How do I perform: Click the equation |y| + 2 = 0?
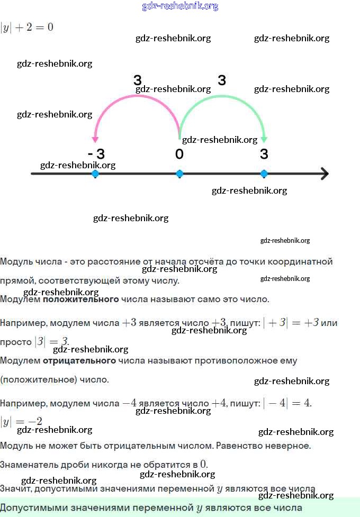tap(27, 27)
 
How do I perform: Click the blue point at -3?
tap(95, 174)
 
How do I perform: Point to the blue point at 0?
tap(179, 174)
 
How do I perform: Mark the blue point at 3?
tap(264, 174)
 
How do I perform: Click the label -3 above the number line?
tap(96, 154)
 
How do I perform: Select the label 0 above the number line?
tap(179, 154)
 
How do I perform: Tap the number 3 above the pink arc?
tap(138, 80)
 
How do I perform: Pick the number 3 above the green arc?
tap(222, 80)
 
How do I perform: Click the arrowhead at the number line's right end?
tap(325, 174)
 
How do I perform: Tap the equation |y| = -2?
tap(22, 422)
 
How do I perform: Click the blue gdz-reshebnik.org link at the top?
tap(180, 6)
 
